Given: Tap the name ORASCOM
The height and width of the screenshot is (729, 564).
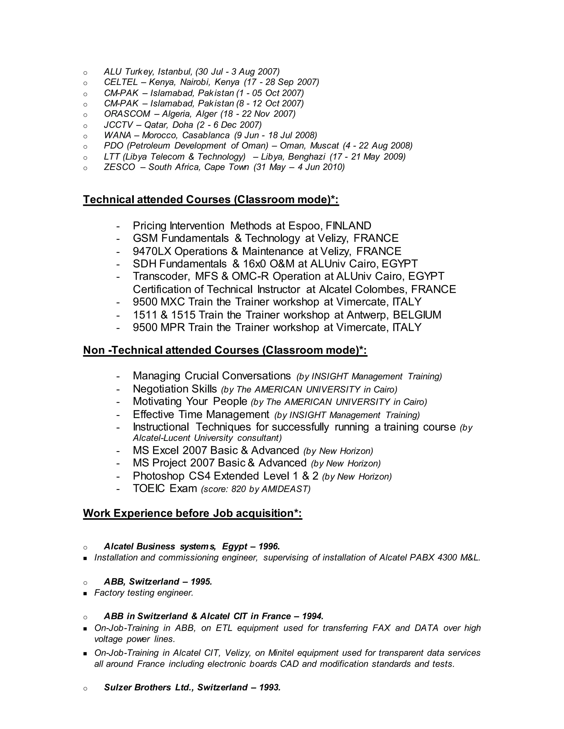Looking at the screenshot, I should click(127, 114).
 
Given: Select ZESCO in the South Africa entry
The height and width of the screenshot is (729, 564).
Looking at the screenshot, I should click(119, 167).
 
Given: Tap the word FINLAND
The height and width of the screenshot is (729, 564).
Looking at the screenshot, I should click(348, 226).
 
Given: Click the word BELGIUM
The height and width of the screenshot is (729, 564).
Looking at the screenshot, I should click(417, 315).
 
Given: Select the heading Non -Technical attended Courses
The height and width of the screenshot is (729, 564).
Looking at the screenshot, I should click(225, 350).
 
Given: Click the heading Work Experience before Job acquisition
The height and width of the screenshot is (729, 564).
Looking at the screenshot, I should click(192, 513).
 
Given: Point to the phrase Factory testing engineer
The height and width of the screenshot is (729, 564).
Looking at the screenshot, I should click(144, 593).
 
